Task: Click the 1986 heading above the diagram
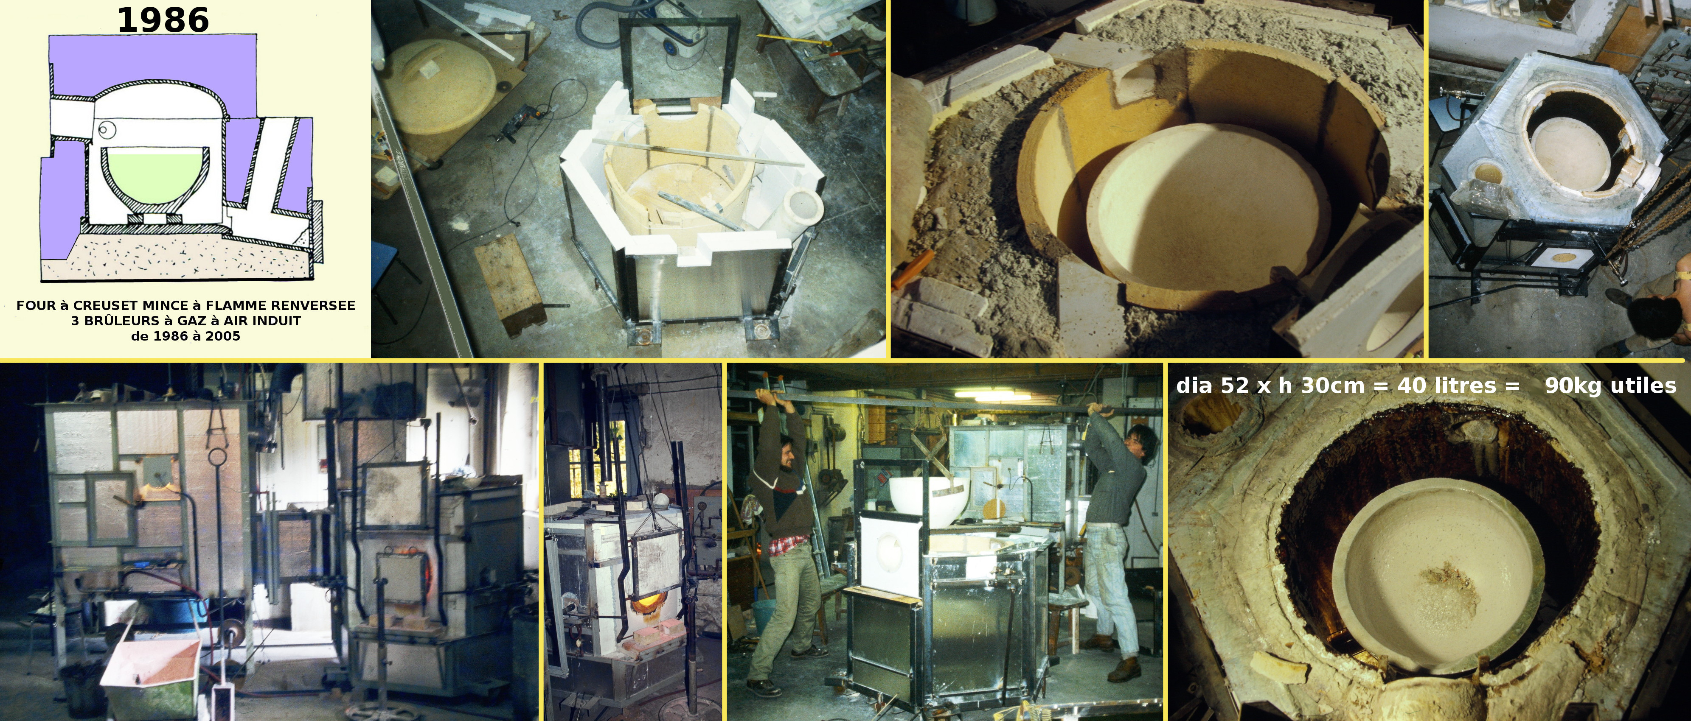point(163,20)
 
